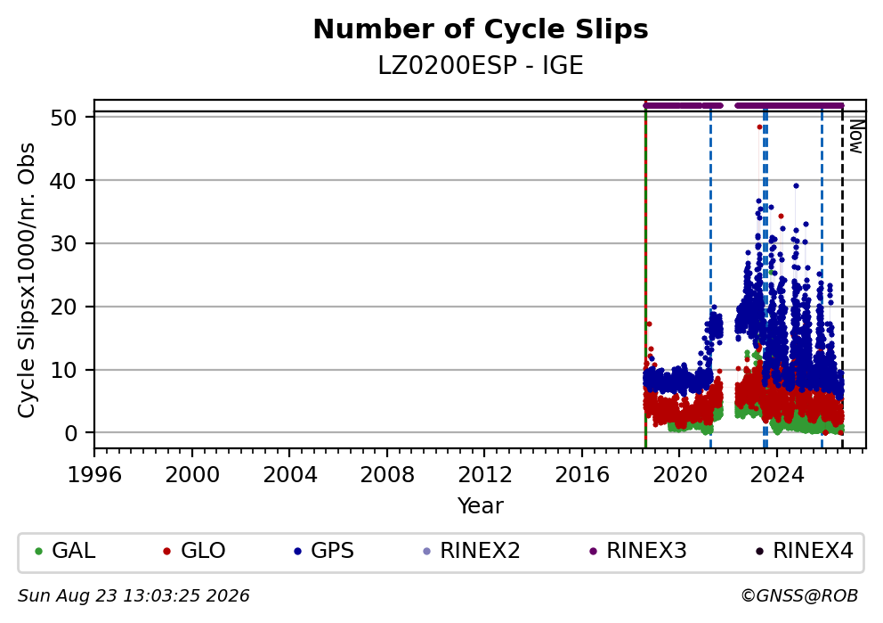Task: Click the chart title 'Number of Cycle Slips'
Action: pyautogui.click(x=481, y=29)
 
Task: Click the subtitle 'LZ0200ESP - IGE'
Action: pyautogui.click(x=481, y=66)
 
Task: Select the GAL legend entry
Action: pyautogui.click(x=65, y=551)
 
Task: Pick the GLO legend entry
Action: pyautogui.click(x=195, y=551)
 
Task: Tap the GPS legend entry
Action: pyautogui.click(x=324, y=551)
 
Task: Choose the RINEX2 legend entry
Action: pyautogui.click(x=472, y=551)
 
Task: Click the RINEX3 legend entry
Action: pyautogui.click(x=638, y=551)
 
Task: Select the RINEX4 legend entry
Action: pyautogui.click(x=805, y=551)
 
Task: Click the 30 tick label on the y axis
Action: pyautogui.click(x=63, y=244)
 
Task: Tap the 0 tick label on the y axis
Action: pyautogui.click(x=71, y=433)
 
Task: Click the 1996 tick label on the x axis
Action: pyautogui.click(x=94, y=475)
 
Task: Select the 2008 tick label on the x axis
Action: pyautogui.click(x=387, y=475)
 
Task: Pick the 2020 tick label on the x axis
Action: pyautogui.click(x=679, y=475)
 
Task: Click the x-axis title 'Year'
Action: pyautogui.click(x=481, y=505)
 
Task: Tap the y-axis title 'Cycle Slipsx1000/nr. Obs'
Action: pyautogui.click(x=26, y=280)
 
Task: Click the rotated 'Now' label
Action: pyautogui.click(x=856, y=135)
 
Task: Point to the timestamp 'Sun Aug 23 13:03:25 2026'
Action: pyautogui.click(x=134, y=596)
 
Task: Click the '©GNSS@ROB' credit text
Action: pyautogui.click(x=799, y=596)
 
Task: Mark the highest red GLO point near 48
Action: pyautogui.click(x=759, y=127)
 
